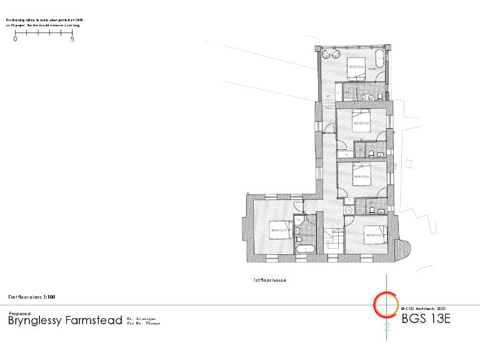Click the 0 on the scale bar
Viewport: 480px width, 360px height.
pyautogui.click(x=16, y=39)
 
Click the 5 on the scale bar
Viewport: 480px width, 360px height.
pyautogui.click(x=72, y=39)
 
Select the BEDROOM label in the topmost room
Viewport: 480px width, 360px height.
pyautogui.click(x=356, y=66)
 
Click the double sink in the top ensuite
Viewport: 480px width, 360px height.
pyautogui.click(x=369, y=97)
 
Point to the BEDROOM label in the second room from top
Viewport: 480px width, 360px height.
pyautogui.click(x=361, y=124)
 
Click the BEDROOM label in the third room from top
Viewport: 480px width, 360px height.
pyautogui.click(x=361, y=176)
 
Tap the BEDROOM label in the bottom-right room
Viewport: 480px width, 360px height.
pyautogui.click(x=374, y=235)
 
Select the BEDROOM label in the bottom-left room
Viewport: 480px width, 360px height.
pyautogui.click(x=279, y=230)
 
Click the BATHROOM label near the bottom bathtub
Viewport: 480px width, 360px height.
pyautogui.click(x=307, y=236)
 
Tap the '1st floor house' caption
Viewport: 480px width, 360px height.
pyautogui.click(x=270, y=281)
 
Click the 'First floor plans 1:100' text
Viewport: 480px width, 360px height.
pyautogui.click(x=35, y=297)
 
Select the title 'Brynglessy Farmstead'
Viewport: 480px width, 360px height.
pyautogui.click(x=64, y=321)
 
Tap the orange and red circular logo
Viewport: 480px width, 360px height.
pyautogui.click(x=385, y=304)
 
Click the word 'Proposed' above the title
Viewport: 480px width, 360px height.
pyautogui.click(x=19, y=313)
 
